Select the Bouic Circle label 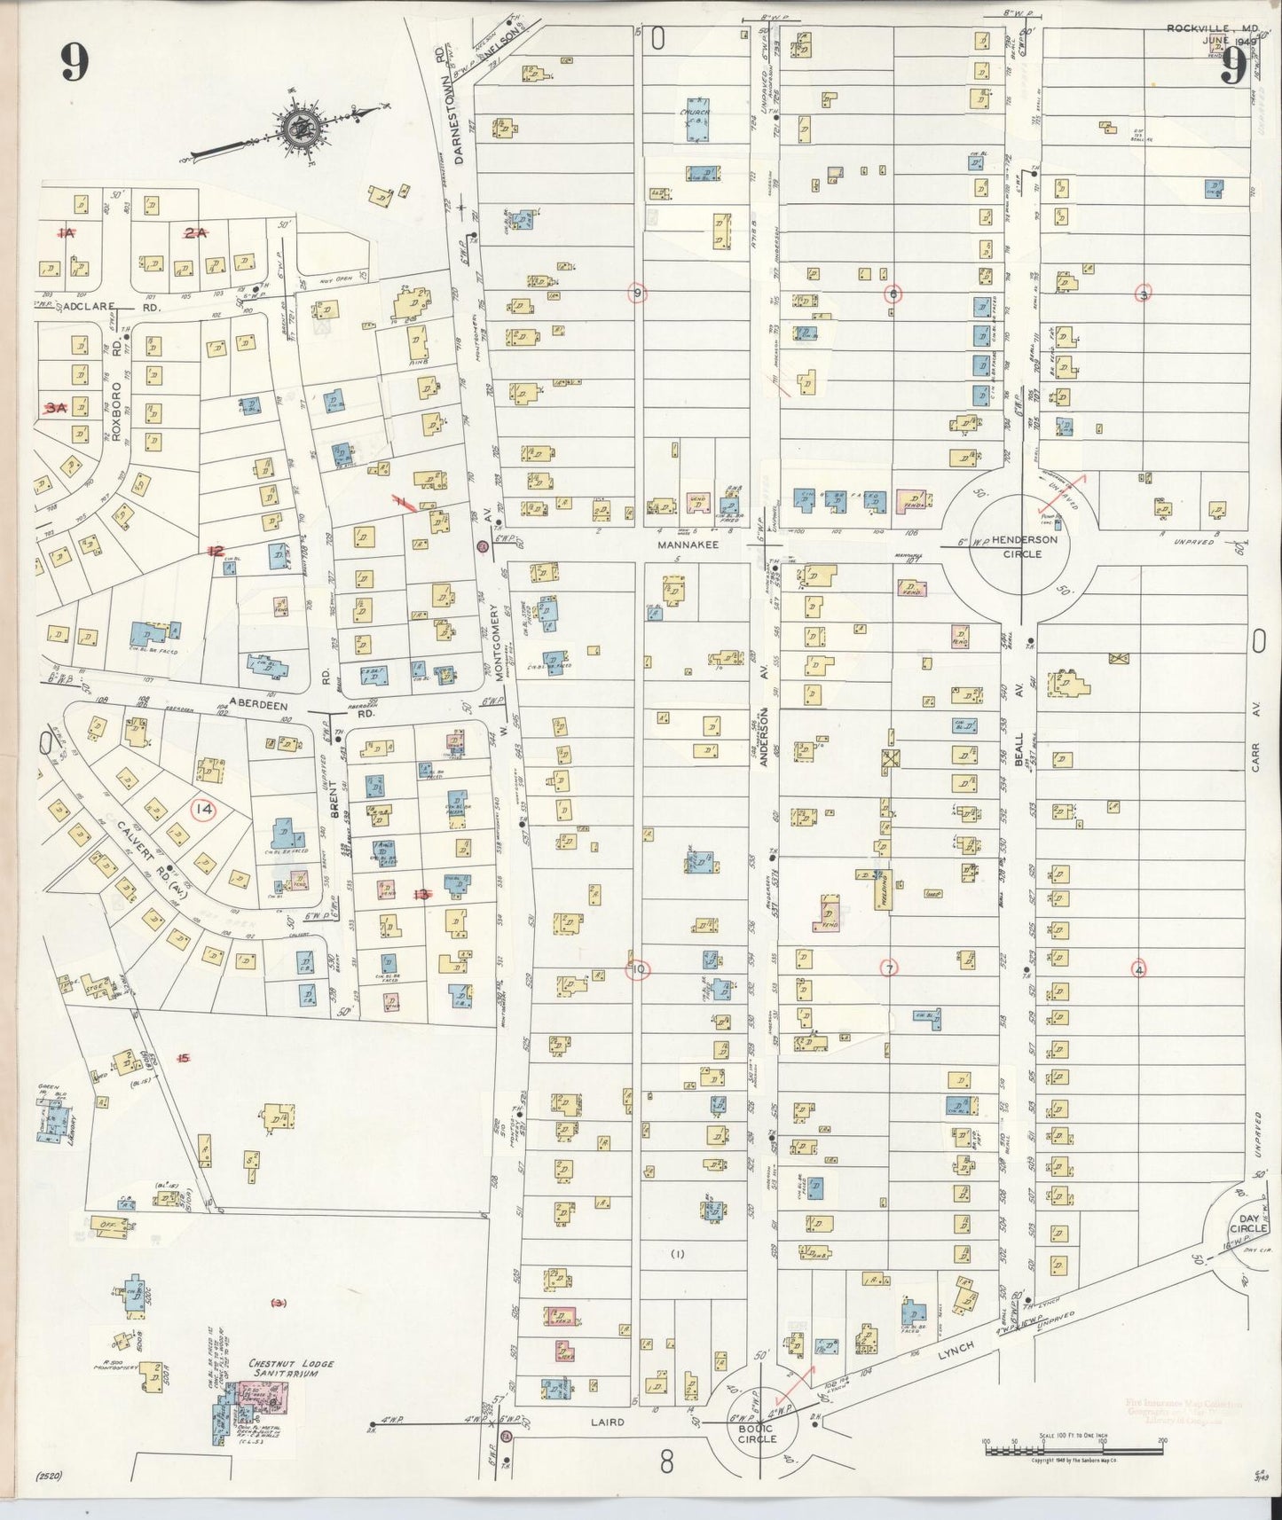pos(757,1432)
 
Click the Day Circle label pos(1248,1223)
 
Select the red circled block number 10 pos(639,969)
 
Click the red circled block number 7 pos(888,968)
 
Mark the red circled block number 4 pos(1139,969)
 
